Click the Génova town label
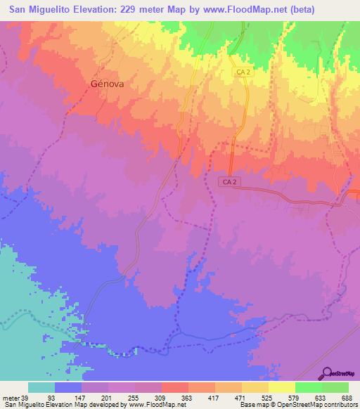click(x=107, y=82)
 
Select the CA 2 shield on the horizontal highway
click(x=226, y=181)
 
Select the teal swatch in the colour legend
click(x=41, y=387)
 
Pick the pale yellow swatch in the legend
click(x=281, y=387)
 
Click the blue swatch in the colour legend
click(x=67, y=387)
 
